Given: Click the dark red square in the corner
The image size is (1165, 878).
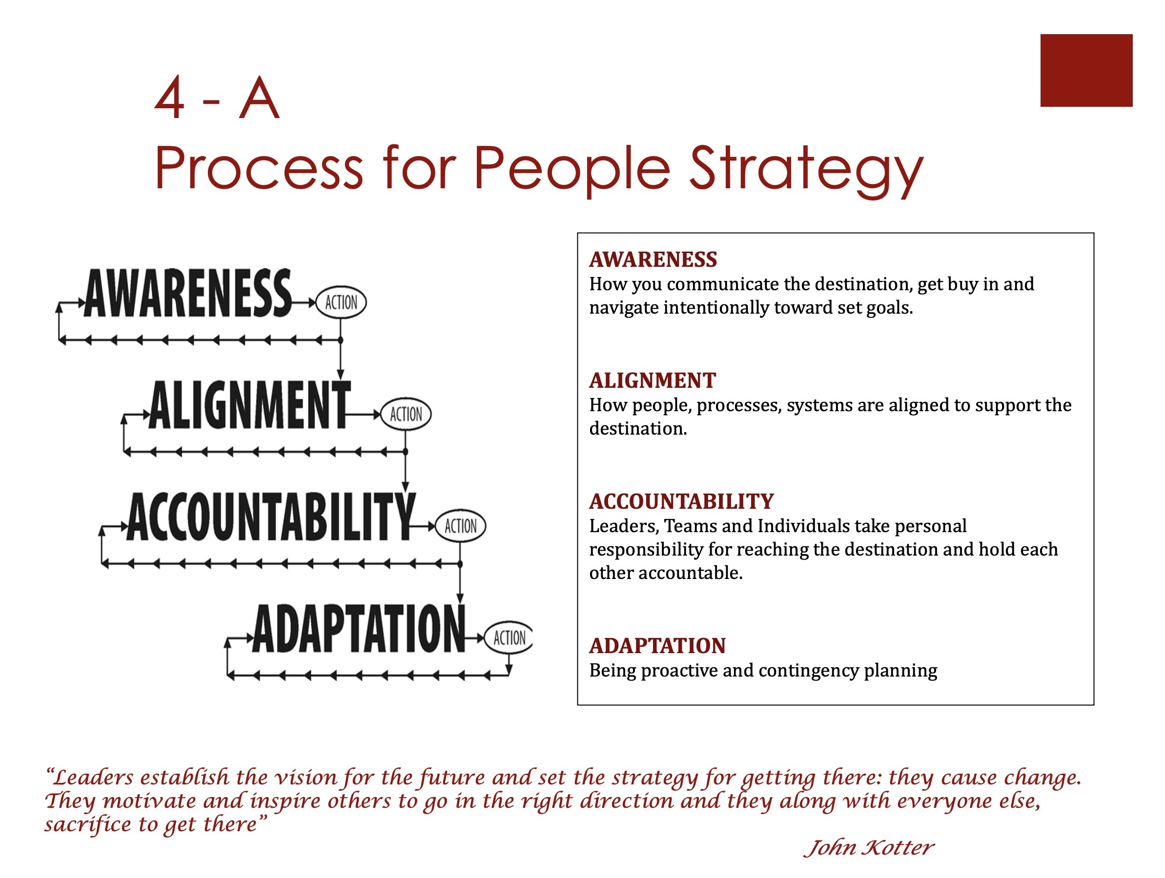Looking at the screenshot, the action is (x=1086, y=71).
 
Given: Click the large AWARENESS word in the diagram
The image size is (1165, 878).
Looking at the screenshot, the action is (x=187, y=293).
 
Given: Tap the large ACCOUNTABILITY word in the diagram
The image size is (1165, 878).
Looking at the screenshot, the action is (x=271, y=517).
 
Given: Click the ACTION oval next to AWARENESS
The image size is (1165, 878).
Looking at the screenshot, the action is (x=341, y=303).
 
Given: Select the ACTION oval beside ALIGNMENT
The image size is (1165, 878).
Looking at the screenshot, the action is (x=406, y=414).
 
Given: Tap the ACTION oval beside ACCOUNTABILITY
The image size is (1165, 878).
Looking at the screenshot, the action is (x=460, y=526).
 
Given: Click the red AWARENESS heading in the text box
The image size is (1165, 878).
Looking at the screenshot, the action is (x=653, y=259).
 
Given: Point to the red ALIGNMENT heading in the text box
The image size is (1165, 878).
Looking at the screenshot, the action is (x=653, y=380).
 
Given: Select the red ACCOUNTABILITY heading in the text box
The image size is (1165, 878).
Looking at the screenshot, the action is (x=681, y=501).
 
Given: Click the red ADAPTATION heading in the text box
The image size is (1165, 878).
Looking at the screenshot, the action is (x=657, y=646).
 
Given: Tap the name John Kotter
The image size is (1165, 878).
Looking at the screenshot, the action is (x=870, y=848).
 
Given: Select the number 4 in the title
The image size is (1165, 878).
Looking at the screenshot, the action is (x=169, y=98).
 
